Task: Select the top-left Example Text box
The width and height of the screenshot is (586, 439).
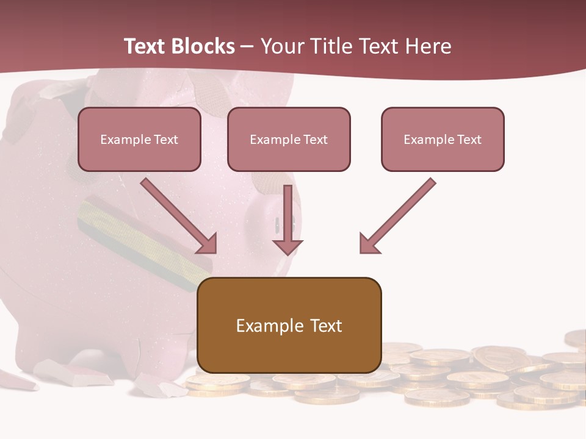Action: (139, 139)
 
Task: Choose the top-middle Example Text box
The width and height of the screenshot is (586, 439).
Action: (289, 139)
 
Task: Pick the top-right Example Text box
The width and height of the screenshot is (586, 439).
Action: (443, 139)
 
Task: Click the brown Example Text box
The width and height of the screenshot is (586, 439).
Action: (289, 325)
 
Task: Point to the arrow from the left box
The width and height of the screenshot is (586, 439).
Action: (180, 216)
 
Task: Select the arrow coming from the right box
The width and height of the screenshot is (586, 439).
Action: (397, 216)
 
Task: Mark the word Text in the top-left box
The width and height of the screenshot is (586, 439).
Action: (166, 140)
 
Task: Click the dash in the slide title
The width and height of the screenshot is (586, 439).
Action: (247, 46)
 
